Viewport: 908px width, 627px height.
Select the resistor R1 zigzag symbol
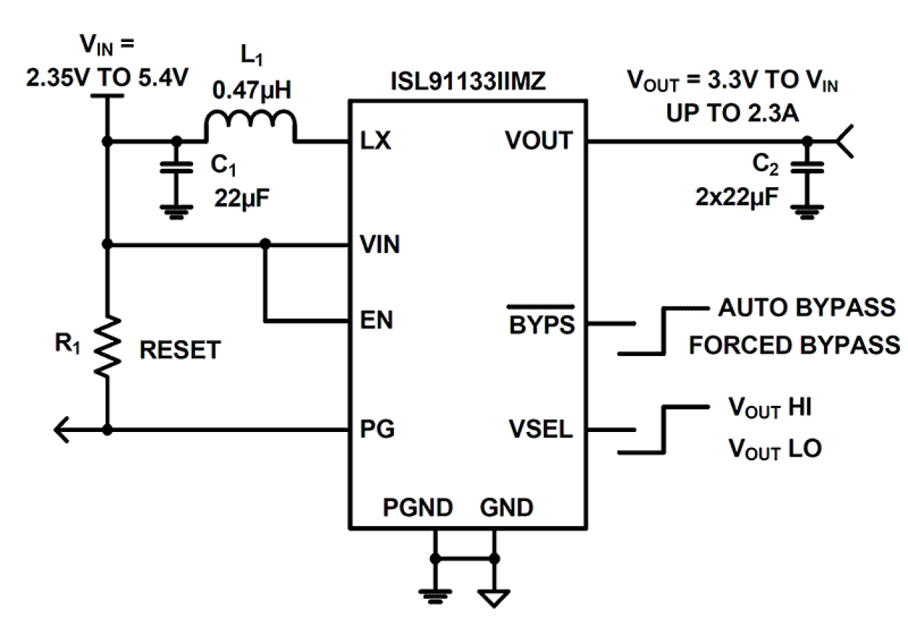(x=107, y=347)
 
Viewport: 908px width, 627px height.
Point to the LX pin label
(x=375, y=142)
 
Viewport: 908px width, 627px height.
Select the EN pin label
(x=376, y=320)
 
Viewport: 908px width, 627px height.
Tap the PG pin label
(x=377, y=431)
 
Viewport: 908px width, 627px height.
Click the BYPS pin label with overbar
(x=541, y=324)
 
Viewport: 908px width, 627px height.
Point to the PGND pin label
(x=418, y=508)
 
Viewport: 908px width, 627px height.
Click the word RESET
(x=179, y=351)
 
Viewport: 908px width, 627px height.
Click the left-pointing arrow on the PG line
(x=62, y=431)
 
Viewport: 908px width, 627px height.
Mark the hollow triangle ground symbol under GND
(x=494, y=597)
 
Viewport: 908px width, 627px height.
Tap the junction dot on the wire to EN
(x=266, y=244)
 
